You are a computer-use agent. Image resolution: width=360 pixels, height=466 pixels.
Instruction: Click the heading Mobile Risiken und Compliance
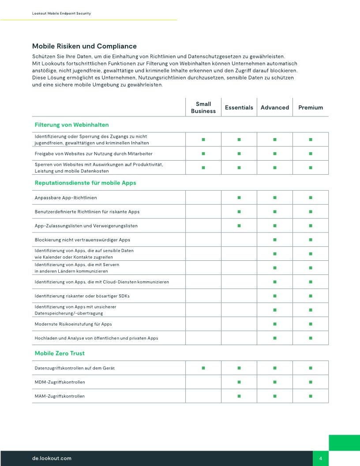point(84,46)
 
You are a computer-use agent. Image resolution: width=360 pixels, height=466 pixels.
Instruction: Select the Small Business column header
point(203,108)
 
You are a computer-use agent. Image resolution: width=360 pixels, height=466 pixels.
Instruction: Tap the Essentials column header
point(239,108)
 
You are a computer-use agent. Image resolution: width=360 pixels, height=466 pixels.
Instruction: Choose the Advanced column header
point(275,108)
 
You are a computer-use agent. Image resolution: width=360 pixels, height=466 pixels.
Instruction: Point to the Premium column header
point(311,108)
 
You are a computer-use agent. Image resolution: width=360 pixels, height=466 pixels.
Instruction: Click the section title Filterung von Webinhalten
point(71,125)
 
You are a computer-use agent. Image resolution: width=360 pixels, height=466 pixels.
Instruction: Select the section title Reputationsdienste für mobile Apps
point(85,183)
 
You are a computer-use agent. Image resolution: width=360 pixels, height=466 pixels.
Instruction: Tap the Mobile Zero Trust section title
point(60,353)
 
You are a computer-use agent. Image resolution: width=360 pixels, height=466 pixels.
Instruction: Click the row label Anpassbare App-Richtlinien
point(66,198)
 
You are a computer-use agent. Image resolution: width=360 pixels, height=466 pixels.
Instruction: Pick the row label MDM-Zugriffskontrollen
point(60,382)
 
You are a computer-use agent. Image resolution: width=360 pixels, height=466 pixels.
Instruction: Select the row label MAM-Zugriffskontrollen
point(60,396)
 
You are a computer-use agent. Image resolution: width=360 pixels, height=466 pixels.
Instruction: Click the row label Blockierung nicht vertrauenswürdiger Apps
point(82,240)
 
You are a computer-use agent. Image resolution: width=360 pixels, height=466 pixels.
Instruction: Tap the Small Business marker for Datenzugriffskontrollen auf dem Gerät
point(203,368)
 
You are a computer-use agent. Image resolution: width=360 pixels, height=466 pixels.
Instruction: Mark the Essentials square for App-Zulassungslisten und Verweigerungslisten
point(239,226)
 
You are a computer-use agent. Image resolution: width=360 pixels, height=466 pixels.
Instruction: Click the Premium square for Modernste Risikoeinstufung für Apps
point(311,324)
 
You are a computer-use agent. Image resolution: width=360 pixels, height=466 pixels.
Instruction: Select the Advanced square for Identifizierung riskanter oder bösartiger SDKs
point(275,296)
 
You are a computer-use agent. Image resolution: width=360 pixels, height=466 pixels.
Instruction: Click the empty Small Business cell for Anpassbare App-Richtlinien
point(203,198)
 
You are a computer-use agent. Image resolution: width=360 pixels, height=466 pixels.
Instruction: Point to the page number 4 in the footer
point(321,458)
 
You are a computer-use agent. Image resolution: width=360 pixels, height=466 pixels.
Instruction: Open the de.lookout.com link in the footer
point(52,458)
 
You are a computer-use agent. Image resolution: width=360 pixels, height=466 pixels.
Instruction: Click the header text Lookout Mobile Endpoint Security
point(61,14)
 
